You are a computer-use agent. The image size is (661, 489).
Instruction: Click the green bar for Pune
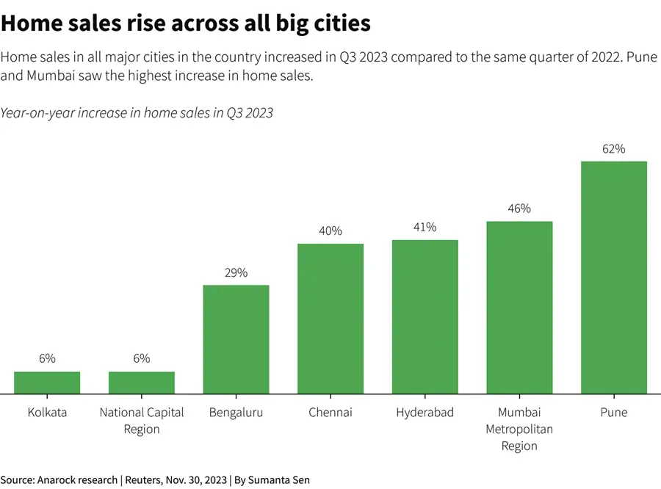[x=613, y=278]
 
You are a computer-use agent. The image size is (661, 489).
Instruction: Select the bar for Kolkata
[x=47, y=383]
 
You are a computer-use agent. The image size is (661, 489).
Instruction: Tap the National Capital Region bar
[x=142, y=383]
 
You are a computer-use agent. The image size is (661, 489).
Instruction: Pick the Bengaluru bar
[x=236, y=339]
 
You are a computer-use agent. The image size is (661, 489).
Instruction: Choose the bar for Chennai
[x=330, y=319]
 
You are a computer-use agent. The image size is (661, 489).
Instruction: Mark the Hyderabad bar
[x=425, y=316]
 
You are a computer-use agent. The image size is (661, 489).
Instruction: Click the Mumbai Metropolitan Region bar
[x=519, y=308]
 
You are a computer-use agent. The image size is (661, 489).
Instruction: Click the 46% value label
[x=519, y=209]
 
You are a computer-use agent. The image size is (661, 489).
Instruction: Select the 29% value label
[x=236, y=272]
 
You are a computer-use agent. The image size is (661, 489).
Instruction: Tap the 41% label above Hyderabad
[x=425, y=228]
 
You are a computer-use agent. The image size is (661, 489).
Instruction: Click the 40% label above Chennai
[x=330, y=231]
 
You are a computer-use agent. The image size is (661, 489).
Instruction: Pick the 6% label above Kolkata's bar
[x=47, y=358]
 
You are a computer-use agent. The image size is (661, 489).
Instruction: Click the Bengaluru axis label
[x=236, y=413]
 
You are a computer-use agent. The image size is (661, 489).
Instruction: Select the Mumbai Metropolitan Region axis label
[x=519, y=429]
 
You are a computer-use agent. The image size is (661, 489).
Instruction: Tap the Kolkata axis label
[x=47, y=413]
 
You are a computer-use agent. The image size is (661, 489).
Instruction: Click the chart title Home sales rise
[x=185, y=23]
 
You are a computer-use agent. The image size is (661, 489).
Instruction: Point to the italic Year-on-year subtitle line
[x=137, y=112]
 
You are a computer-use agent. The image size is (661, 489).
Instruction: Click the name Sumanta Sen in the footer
[x=278, y=479]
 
